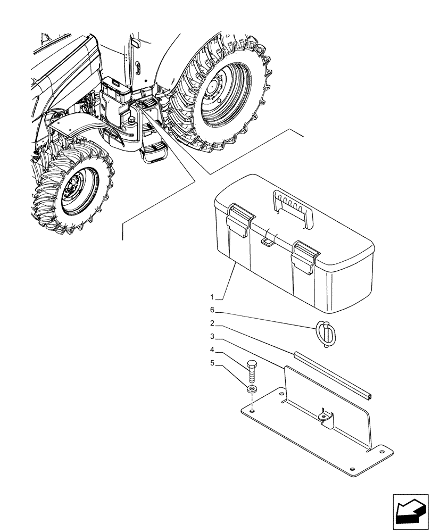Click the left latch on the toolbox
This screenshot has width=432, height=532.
(x=238, y=219)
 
